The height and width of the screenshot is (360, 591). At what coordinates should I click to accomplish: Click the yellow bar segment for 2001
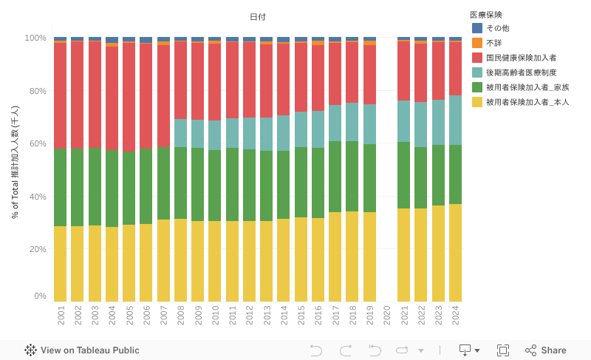[x=60, y=263]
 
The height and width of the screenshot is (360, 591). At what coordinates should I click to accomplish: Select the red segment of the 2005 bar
[x=129, y=97]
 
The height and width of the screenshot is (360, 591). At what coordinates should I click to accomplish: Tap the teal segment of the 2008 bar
[x=180, y=133]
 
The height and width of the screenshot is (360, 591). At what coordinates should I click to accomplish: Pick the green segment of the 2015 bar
[x=301, y=182]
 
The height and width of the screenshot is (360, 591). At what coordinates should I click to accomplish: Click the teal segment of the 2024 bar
[x=455, y=120]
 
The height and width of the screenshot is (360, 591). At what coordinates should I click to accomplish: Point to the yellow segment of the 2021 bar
[x=403, y=254]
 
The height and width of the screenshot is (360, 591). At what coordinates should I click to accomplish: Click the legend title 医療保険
[x=486, y=14]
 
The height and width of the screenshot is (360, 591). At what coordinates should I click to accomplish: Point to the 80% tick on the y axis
[x=35, y=92]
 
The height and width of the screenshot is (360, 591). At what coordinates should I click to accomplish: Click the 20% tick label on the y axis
[x=35, y=249]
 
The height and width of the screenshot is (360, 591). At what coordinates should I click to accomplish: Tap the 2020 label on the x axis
[x=386, y=314]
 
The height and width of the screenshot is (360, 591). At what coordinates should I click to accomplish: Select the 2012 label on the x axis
[x=249, y=314]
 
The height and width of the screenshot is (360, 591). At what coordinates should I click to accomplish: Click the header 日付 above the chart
[x=258, y=17]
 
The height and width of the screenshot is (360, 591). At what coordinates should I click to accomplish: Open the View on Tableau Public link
[x=82, y=350]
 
